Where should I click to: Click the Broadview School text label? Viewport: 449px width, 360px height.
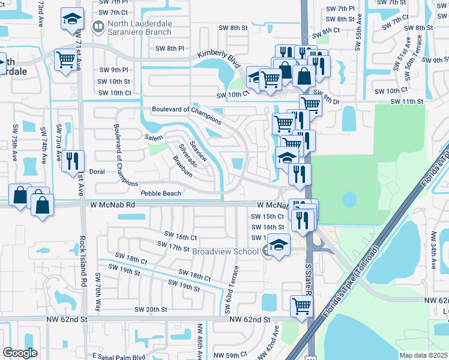coord(225,252)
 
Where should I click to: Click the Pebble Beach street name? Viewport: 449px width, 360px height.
coord(160,193)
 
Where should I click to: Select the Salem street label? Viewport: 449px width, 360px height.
coord(154,139)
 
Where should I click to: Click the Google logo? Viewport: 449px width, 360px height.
coord(20,353)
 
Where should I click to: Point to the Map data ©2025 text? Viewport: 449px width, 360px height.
coord(424,355)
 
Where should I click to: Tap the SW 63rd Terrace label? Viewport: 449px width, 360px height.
coord(232,290)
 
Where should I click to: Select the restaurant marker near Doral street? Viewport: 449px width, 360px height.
coord(73,161)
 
